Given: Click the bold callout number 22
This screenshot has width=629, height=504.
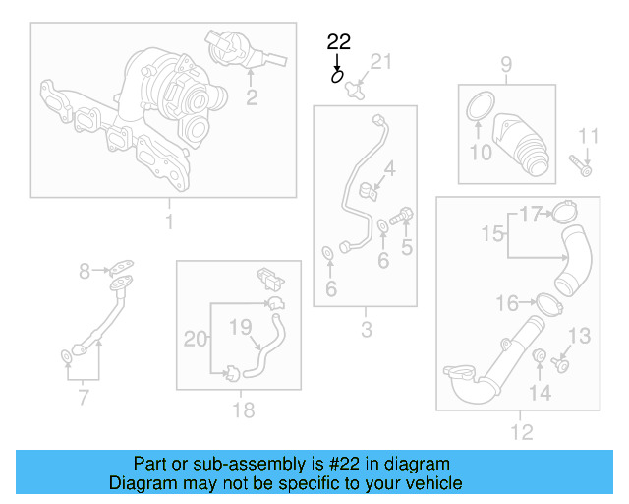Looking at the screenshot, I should (338, 41).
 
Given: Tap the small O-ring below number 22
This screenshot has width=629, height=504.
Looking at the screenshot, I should (338, 74).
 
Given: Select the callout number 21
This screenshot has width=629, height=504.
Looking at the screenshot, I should (380, 62).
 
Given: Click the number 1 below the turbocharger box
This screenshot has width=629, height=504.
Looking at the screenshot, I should (168, 222).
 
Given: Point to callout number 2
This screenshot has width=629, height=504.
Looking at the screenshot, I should (252, 96).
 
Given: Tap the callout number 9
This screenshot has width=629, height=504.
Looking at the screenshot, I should (506, 66).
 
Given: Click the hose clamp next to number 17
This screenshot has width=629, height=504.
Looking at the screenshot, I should (563, 210).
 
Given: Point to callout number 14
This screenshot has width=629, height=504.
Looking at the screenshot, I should (541, 393).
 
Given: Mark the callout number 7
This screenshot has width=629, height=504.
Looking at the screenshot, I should (84, 398).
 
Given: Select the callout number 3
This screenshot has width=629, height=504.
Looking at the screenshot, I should (367, 330).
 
